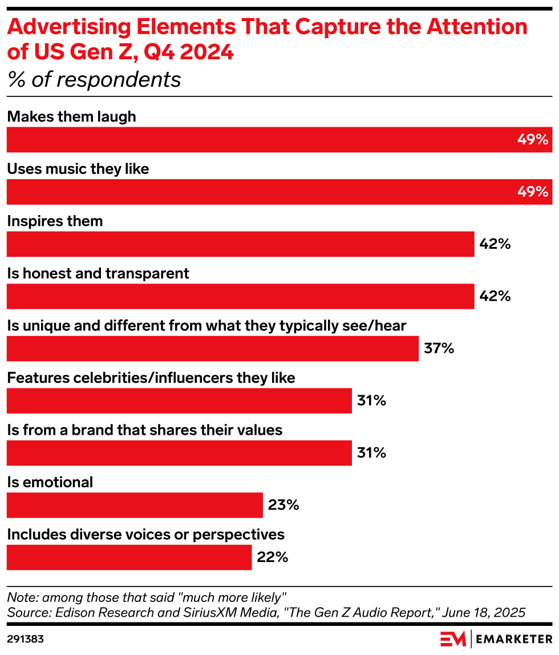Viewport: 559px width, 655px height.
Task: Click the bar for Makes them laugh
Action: tap(279, 140)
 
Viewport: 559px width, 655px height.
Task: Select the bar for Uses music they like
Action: tap(279, 192)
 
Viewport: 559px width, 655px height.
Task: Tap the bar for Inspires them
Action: tap(240, 244)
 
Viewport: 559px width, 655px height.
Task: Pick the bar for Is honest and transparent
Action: tap(240, 296)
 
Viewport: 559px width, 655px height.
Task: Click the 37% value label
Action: tap(439, 349)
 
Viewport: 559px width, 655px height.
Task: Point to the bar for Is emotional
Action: tap(135, 505)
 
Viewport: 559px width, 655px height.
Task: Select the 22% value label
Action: tap(272, 557)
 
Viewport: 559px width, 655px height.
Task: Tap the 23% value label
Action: tap(283, 505)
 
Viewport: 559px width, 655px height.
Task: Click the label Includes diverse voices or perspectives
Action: tap(145, 535)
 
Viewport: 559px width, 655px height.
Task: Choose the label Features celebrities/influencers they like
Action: tap(151, 378)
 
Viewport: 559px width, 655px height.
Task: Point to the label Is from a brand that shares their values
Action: tap(144, 430)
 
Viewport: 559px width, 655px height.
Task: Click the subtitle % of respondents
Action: tap(94, 80)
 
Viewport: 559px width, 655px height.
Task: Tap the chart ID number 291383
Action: tap(25, 638)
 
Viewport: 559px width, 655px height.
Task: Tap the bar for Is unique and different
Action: tap(212, 349)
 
